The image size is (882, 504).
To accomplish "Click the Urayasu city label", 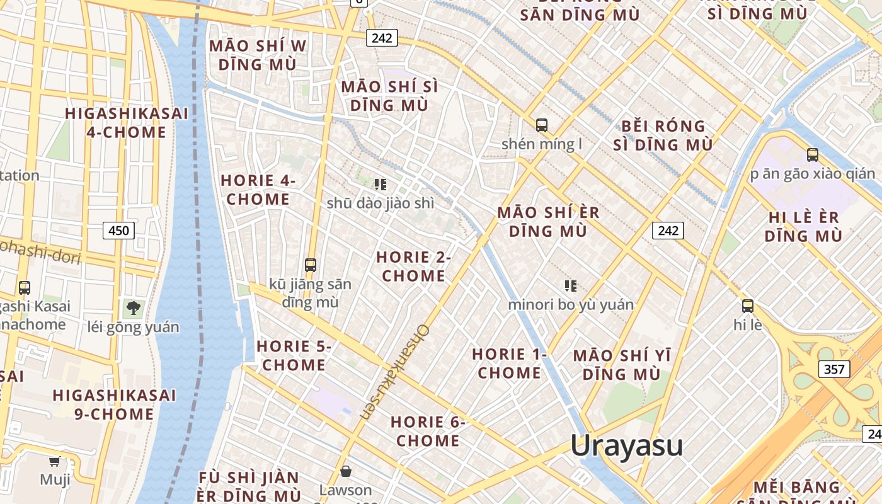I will point(626,445).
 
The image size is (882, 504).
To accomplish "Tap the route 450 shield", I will point(118,231).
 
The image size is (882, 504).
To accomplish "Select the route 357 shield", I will point(834,369).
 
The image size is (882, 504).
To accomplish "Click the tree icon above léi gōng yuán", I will point(133,309).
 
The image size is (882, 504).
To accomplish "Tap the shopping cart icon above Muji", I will point(55,461).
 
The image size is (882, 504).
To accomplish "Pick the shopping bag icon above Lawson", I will point(345,471).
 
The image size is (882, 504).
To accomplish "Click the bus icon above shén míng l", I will point(541,125).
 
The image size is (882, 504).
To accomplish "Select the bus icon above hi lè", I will point(748,307).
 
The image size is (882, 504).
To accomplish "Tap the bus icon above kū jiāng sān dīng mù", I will point(310,265).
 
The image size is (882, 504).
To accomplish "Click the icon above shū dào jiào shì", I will point(380,185).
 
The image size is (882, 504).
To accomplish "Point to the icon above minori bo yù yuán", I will point(571,286).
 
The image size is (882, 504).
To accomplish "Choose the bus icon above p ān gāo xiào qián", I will point(813,155).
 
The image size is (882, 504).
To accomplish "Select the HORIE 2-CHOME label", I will point(413,266).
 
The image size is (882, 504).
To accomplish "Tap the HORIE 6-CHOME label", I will point(428,432).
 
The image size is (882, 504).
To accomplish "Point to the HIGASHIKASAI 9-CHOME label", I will point(114,404).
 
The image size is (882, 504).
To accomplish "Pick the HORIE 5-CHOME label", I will point(294,355).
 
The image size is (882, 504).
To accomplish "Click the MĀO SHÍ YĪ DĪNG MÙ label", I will point(622,365).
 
